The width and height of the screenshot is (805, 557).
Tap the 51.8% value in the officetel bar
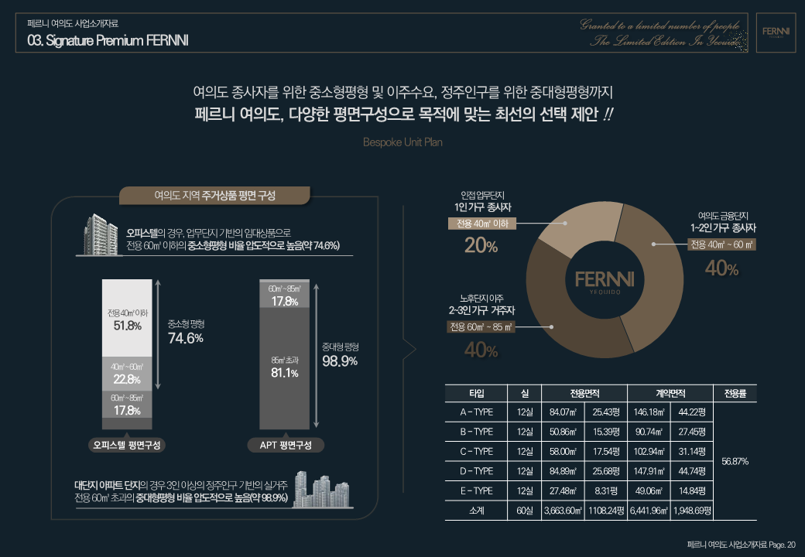[127, 326]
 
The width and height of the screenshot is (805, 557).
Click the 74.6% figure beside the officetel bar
[186, 338]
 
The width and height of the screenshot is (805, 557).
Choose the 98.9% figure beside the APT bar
[339, 361]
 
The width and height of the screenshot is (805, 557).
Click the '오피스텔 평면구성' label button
[127, 446]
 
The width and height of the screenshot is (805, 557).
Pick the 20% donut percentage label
[481, 246]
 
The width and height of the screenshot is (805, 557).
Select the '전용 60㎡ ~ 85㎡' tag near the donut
[481, 327]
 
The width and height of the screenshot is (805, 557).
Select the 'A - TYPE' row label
[476, 412]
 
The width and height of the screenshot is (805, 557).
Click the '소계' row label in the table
[476, 511]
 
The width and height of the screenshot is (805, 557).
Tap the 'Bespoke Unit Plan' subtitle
[402, 143]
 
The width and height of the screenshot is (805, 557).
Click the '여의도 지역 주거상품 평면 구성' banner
[215, 196]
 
